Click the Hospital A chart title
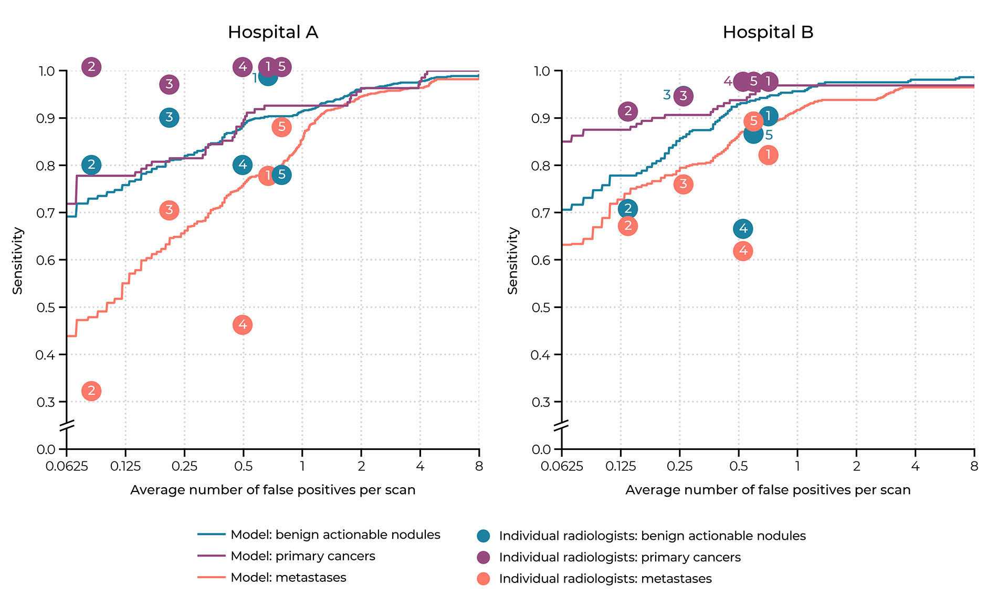pos(273,32)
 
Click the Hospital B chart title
pos(768,32)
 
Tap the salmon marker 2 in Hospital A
pos(91,391)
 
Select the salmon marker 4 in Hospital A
pos(243,325)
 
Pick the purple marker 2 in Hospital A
pos(91,67)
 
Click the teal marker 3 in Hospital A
pos(169,117)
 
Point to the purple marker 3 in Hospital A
pos(169,84)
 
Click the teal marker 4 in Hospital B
pos(743,229)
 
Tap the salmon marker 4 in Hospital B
pos(743,251)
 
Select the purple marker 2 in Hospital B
pos(628,111)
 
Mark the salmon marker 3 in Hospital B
pos(683,184)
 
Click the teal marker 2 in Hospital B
pos(628,209)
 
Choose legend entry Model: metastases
pos(288,578)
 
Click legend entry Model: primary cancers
pos(303,556)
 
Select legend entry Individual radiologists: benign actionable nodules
pos(652,536)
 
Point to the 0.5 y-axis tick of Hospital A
pos(46,307)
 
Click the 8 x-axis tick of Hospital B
pos(974,466)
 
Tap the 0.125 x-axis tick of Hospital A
pos(125,466)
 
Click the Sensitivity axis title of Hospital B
pos(513,260)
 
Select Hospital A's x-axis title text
pos(273,490)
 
